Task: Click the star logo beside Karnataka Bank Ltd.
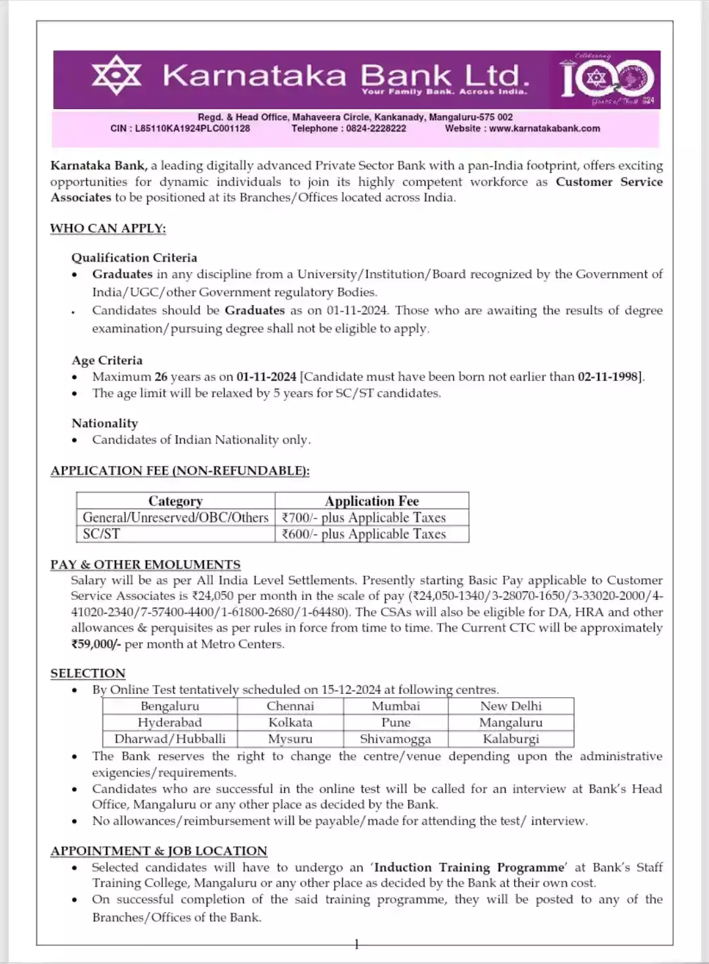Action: (x=116, y=76)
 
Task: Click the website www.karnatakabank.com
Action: (x=544, y=129)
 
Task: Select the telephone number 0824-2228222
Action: (x=376, y=129)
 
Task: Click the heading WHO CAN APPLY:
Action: (x=108, y=229)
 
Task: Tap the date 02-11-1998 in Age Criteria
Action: (x=608, y=377)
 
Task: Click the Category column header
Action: (x=175, y=501)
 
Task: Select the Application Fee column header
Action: (x=372, y=501)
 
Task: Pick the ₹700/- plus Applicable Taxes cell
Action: (x=364, y=518)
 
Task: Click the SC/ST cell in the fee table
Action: (x=102, y=534)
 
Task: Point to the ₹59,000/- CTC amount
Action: (x=96, y=644)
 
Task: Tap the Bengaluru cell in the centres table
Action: (x=169, y=706)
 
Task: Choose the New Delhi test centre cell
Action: (x=511, y=706)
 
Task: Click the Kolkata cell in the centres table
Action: (x=290, y=723)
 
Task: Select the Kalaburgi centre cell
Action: (x=511, y=739)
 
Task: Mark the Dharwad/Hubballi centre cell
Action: (x=169, y=739)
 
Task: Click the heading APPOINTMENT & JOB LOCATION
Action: (x=159, y=851)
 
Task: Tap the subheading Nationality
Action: (x=105, y=423)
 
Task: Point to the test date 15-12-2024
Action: (x=351, y=690)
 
